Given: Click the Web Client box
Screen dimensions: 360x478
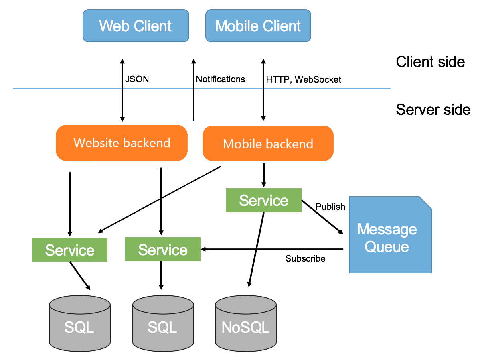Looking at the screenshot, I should [136, 26].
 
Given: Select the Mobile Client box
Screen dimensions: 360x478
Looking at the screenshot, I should [258, 26].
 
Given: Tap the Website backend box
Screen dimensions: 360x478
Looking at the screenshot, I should [122, 143].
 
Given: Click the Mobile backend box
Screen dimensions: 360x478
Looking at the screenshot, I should [268, 144].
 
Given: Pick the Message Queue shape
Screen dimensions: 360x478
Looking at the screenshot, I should [387, 237].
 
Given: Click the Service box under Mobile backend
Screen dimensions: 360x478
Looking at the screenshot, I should [263, 200].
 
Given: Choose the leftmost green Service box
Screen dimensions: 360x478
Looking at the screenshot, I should [70, 250].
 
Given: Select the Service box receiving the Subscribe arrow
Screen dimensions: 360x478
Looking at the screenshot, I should [162, 249].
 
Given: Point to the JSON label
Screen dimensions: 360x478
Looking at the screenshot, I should [137, 79].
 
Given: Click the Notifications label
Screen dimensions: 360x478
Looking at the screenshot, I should [220, 79].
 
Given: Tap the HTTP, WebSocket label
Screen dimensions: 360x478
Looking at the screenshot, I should [304, 80].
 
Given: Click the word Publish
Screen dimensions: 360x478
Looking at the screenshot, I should [330, 207].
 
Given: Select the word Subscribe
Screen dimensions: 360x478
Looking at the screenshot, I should [305, 259].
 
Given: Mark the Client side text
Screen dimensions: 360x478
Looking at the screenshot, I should [430, 62].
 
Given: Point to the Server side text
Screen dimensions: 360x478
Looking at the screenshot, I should [433, 109].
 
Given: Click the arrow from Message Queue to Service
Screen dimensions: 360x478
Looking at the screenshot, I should [273, 249].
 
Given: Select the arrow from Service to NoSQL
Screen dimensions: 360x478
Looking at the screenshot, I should [256, 249].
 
